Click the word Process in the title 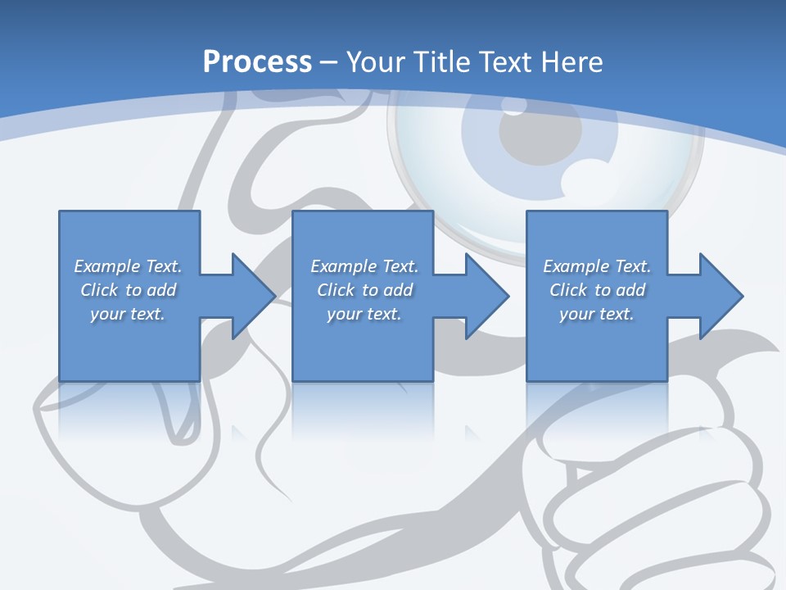pos(257,62)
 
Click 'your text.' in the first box pos(128,314)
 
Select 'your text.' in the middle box pos(364,314)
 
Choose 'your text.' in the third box pos(597,314)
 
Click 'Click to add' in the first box pos(128,290)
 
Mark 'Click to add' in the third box pos(597,290)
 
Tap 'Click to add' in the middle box pos(364,290)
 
